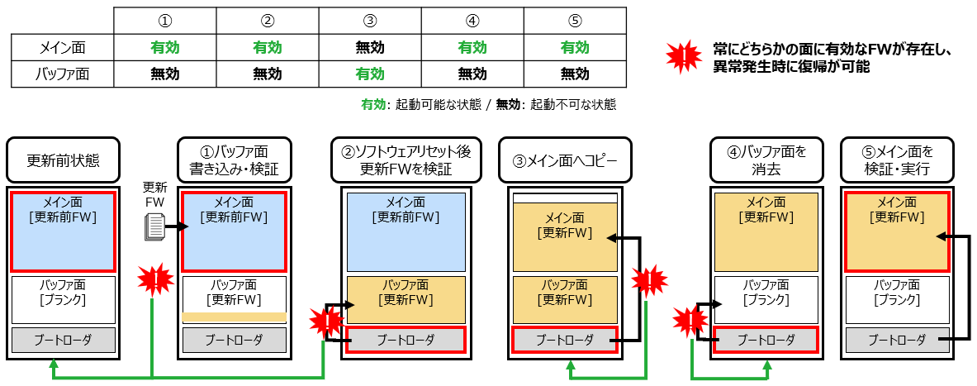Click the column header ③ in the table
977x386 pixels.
point(369,21)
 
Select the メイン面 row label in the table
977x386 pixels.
point(63,47)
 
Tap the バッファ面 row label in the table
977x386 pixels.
point(63,74)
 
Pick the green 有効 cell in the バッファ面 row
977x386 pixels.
point(369,74)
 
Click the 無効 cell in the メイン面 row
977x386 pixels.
point(369,47)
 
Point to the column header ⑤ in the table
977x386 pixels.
point(575,21)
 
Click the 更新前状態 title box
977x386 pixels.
point(64,160)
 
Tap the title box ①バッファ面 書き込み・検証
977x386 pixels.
point(235,160)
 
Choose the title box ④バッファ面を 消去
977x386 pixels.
point(766,160)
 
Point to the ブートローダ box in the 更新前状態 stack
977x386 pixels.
point(64,340)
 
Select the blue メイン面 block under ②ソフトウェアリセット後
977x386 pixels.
point(406,232)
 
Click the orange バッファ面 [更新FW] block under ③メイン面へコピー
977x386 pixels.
point(565,299)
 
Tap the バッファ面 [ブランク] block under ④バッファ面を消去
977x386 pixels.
point(766,299)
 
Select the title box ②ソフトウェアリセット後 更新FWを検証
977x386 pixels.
point(406,160)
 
